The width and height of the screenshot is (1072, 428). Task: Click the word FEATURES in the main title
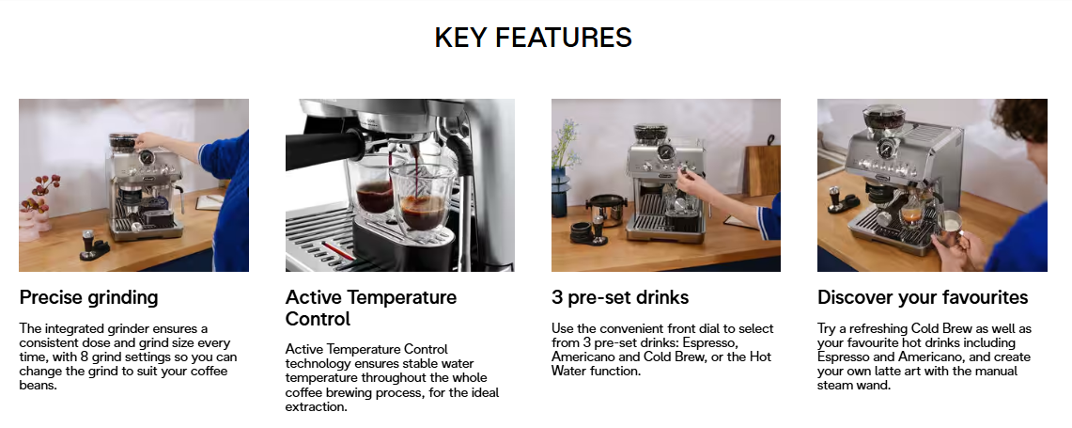564,37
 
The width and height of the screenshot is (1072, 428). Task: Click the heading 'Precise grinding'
89,297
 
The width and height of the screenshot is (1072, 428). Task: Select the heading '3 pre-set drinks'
620,297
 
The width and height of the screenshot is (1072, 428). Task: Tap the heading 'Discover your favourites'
923,297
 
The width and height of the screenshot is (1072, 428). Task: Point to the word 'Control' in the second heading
318,319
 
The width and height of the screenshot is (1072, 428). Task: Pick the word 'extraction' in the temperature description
314,406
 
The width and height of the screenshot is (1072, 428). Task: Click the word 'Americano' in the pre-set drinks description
583,357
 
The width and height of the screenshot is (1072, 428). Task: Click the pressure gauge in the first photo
146,158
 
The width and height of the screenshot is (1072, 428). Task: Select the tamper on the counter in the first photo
88,243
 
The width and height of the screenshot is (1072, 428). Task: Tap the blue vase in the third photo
561,193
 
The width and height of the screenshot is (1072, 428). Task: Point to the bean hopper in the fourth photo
883,118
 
